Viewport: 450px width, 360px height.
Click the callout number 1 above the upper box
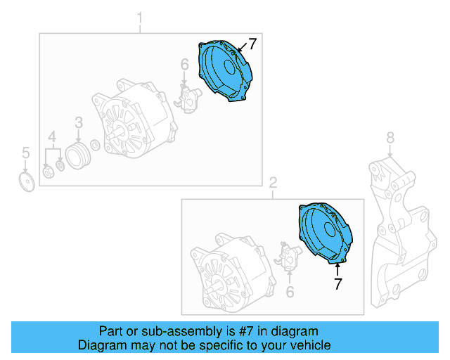tap(139, 16)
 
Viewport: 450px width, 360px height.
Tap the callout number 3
tap(79, 122)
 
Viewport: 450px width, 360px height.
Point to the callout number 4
tap(52, 136)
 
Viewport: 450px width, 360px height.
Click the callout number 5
tap(25, 152)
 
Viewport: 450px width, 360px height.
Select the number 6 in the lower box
tap(288, 291)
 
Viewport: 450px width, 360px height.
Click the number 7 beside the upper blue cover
tap(252, 44)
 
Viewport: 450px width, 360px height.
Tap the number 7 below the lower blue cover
tap(337, 284)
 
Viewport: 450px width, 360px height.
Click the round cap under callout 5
tap(27, 182)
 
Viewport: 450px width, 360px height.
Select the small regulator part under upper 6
tap(188, 99)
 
